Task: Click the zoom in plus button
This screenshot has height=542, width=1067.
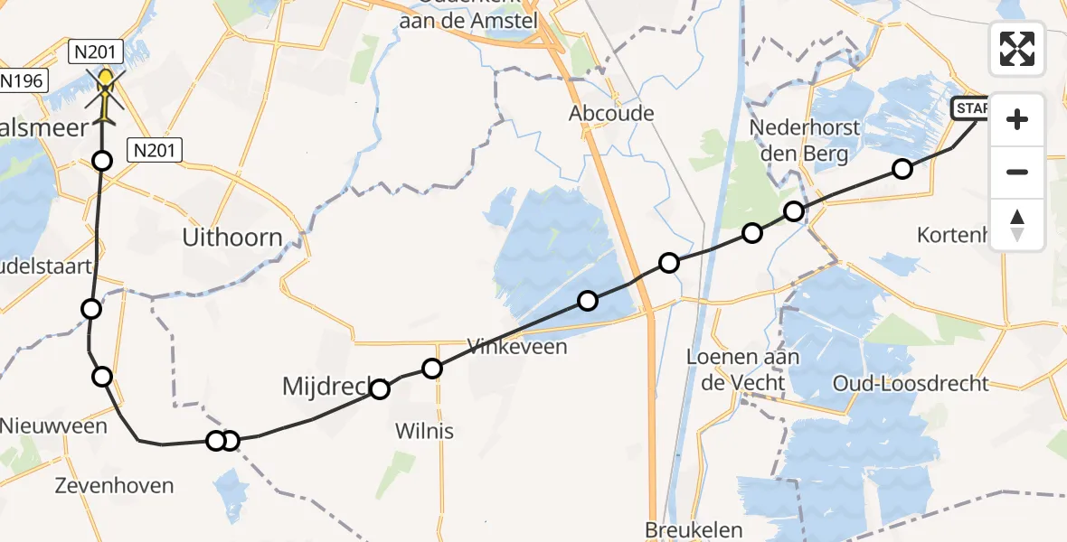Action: click(1017, 120)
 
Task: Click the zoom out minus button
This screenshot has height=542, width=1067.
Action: click(1017, 172)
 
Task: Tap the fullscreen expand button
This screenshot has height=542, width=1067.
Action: click(1017, 48)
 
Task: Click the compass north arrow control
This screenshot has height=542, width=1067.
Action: click(1017, 225)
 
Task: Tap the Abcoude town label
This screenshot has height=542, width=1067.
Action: click(610, 115)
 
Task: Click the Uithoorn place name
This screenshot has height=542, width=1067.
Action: click(232, 238)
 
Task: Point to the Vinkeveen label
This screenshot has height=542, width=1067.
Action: click(516, 346)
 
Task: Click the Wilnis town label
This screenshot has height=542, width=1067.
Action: click(424, 431)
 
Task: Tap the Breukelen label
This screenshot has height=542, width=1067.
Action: click(694, 530)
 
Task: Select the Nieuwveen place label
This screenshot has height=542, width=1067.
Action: click(53, 425)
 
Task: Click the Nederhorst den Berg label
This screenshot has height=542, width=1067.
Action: click(804, 140)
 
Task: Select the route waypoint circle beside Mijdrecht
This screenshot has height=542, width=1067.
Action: click(380, 389)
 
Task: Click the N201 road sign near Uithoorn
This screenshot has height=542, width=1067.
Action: click(155, 151)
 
